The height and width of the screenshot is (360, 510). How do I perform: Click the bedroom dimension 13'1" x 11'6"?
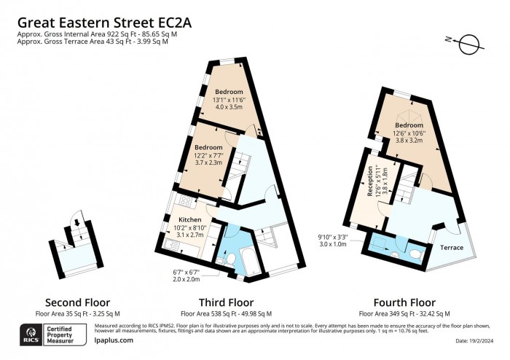pos(227,100)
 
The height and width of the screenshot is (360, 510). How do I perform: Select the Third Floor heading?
pos(226,302)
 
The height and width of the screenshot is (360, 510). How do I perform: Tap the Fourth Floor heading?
pos(404,302)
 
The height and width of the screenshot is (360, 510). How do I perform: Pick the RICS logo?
pos(28,337)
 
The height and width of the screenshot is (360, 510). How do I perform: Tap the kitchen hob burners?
pos(185,200)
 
